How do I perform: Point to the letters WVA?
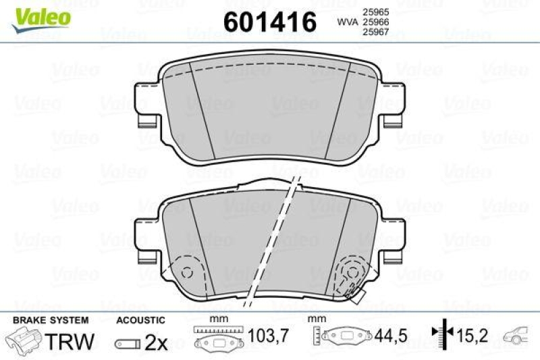[348, 22]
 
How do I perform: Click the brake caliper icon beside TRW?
[24, 341]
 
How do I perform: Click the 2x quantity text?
[156, 342]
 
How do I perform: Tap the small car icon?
[520, 334]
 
